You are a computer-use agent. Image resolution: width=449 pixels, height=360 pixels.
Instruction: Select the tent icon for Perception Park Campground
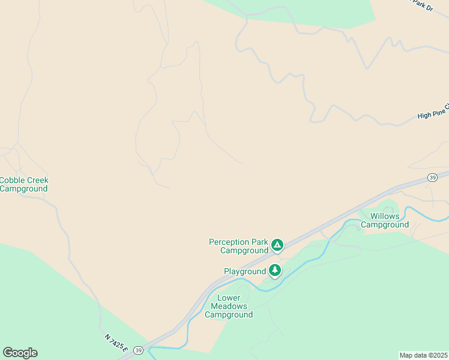pos(277,245)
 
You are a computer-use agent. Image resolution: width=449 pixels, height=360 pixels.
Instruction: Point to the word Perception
pos(231,242)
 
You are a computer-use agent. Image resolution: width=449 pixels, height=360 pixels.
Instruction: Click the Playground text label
pos(245,271)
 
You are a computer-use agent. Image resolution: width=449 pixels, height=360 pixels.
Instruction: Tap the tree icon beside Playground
pos(275,271)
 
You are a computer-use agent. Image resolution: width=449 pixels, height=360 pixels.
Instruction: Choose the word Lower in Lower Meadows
pos(229,298)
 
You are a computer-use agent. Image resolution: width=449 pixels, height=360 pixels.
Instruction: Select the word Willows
pos(384,216)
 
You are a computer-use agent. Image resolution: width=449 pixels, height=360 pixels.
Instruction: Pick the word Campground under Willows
pos(384,225)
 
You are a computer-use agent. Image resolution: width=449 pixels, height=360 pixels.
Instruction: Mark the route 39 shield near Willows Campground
pos(432,177)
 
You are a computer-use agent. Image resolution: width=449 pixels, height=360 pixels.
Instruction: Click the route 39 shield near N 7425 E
pos(138,350)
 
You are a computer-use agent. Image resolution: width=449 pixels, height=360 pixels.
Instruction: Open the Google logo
pos(20,353)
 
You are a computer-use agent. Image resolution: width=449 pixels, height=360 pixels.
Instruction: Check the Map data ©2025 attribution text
pos(423,355)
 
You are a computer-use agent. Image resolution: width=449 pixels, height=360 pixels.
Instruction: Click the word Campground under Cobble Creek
pos(23,188)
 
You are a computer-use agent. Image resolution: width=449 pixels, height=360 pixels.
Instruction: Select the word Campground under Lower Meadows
pos(229,315)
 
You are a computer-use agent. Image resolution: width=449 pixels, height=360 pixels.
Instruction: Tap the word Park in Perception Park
pos(260,242)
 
